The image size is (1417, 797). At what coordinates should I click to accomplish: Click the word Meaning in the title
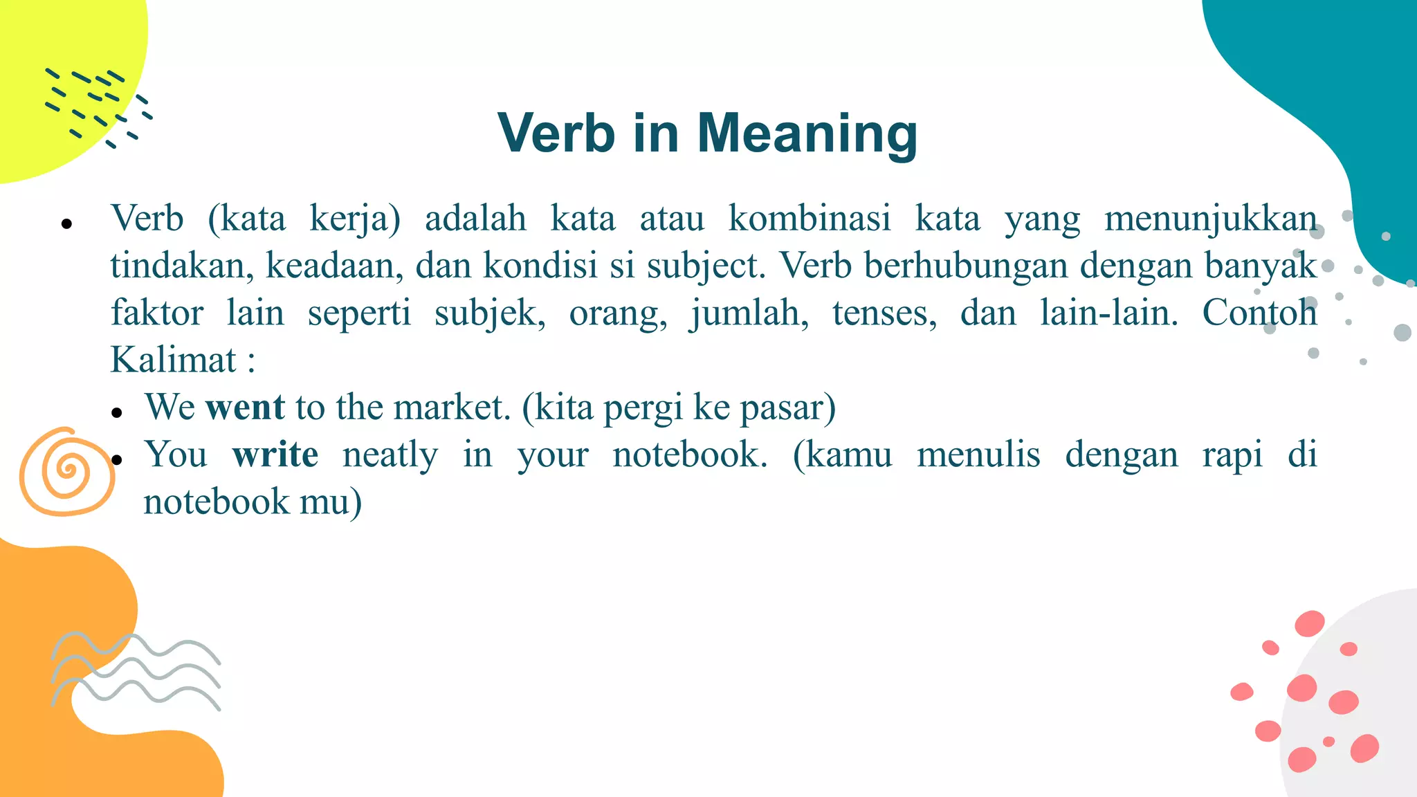coord(807,134)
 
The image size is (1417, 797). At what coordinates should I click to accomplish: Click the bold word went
coord(245,407)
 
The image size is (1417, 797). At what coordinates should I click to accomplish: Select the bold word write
coord(275,455)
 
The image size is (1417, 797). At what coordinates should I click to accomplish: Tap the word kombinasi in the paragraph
coord(810,219)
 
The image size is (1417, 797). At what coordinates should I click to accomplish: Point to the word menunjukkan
coord(1210,219)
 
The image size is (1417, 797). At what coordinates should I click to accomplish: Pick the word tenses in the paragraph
coord(884,313)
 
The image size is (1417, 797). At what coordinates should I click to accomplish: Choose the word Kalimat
coord(174,360)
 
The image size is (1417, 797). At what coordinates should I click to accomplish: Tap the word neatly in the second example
coord(390,455)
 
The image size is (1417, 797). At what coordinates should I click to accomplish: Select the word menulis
coord(978,455)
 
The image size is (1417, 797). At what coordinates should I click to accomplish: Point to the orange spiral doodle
coord(66,472)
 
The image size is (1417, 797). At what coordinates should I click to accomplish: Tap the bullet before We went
coord(117,413)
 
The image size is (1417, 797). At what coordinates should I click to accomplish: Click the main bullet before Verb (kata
coord(67,223)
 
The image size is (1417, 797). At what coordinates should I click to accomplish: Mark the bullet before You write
coord(117,460)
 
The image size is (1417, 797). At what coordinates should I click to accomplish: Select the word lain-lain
coord(1109,313)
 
